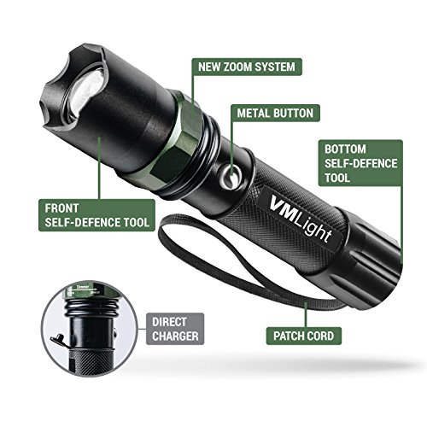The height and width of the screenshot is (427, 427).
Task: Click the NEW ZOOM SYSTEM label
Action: (x=247, y=67)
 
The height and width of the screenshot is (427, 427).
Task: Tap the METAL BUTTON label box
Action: (x=275, y=114)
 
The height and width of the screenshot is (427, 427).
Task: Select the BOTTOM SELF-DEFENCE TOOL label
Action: (x=360, y=163)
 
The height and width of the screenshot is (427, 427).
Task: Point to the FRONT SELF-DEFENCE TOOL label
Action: (x=97, y=215)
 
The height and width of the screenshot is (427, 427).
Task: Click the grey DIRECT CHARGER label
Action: (x=175, y=329)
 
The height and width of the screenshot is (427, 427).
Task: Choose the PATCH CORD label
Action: (x=304, y=336)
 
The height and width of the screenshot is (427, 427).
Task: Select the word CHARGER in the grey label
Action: (x=175, y=336)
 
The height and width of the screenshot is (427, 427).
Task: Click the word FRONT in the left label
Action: (x=61, y=208)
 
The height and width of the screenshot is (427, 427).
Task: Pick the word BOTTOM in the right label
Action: (x=345, y=149)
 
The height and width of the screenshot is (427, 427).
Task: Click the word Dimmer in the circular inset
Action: (x=83, y=287)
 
